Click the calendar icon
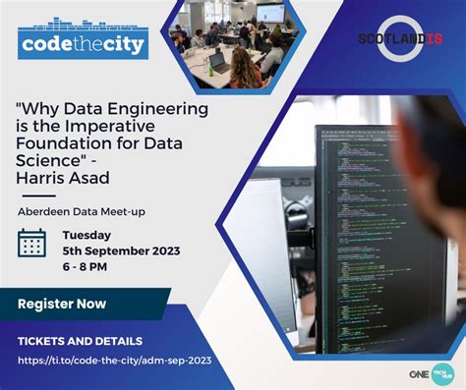[x=32, y=243]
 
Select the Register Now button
[x=62, y=304]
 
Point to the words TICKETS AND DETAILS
[x=80, y=341]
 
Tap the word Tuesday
[x=87, y=235]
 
